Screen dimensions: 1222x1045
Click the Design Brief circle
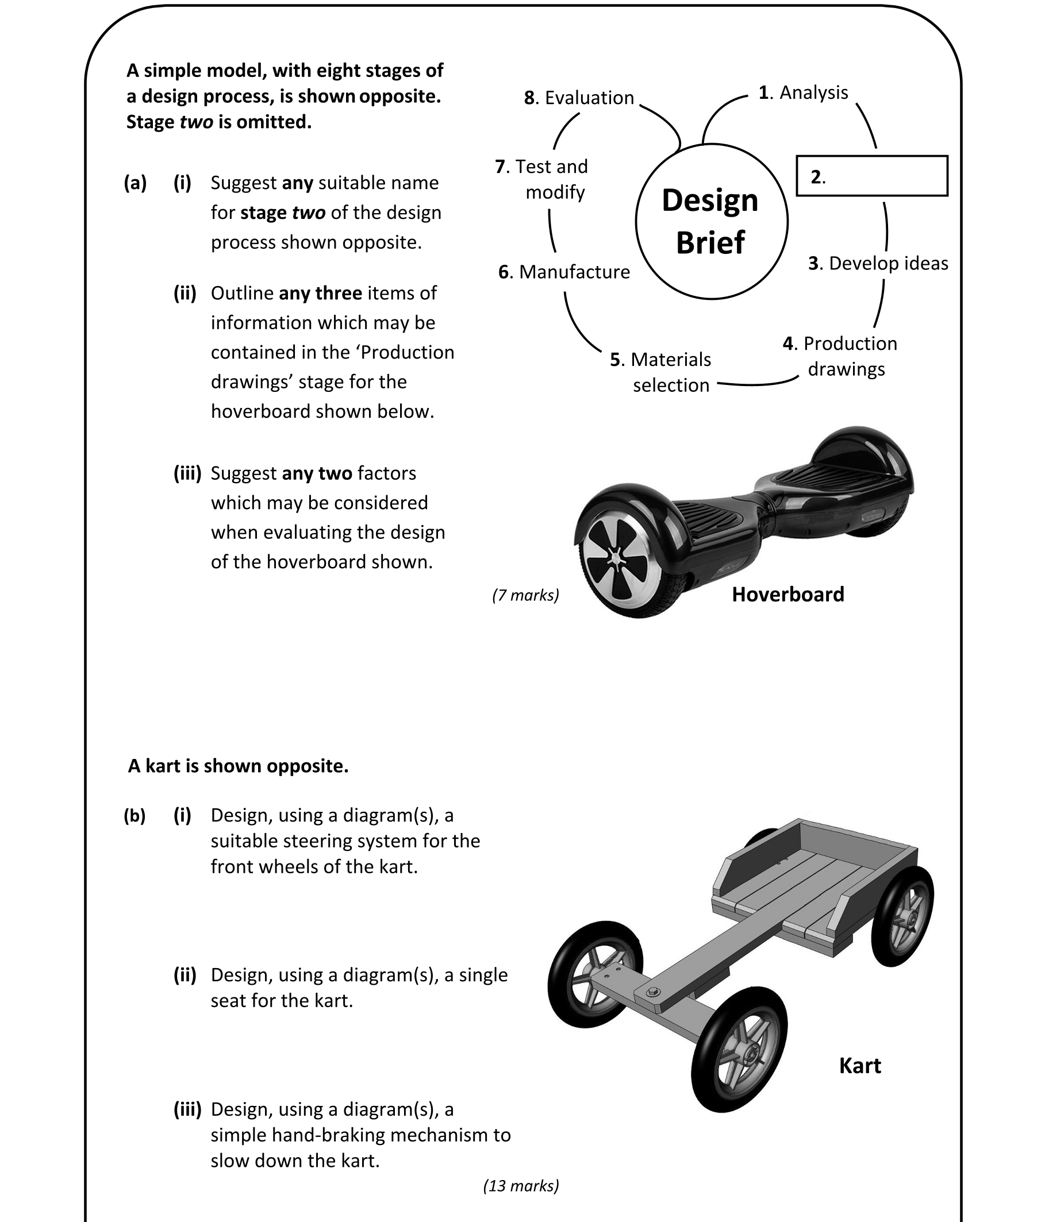tap(711, 222)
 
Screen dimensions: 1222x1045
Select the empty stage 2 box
tap(871, 176)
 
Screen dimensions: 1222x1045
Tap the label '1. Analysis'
tap(803, 92)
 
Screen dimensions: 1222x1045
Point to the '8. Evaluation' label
tap(579, 98)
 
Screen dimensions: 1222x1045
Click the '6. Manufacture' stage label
tap(564, 272)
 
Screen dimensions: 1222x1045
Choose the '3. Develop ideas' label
tap(878, 263)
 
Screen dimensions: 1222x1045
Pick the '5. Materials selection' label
tap(661, 372)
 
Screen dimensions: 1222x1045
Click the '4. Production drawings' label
tap(840, 356)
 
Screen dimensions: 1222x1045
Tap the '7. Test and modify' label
tap(541, 179)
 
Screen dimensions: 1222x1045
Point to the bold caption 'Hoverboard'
tap(787, 595)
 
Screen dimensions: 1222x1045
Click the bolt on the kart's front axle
tap(652, 991)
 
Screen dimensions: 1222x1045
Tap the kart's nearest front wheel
tap(739, 1050)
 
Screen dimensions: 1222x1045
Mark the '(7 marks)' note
tap(525, 595)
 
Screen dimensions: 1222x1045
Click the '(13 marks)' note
tap(520, 1185)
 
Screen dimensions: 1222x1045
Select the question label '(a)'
tap(135, 183)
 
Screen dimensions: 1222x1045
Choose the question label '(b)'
tap(135, 816)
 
